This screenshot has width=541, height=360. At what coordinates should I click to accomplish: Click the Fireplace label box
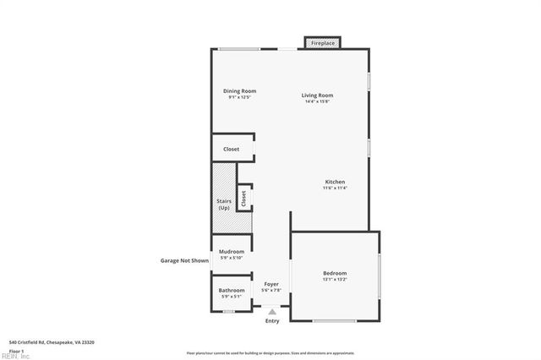324,42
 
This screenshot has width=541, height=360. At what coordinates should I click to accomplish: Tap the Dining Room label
239,91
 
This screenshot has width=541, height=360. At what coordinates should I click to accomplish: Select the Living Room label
317,95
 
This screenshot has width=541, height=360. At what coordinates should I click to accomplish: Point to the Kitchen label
335,182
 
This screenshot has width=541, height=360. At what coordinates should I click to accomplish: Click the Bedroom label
335,273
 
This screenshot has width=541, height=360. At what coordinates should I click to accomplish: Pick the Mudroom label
232,252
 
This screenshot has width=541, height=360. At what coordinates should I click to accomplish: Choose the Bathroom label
232,291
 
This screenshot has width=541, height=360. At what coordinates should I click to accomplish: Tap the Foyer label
271,284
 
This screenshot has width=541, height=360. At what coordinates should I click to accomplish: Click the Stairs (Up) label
223,204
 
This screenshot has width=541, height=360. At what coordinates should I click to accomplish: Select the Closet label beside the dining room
231,149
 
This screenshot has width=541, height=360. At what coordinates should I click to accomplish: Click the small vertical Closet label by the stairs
244,199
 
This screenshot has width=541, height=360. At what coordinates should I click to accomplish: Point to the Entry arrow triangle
272,311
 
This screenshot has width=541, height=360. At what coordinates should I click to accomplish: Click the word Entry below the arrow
272,321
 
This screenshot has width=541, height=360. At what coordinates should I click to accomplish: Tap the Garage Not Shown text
184,261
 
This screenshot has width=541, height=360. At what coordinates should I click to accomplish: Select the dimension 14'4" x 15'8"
317,101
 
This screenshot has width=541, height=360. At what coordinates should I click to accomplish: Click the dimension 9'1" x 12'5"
239,97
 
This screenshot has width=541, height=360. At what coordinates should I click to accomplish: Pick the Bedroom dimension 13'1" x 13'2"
335,279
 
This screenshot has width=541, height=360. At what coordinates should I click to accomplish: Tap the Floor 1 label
17,350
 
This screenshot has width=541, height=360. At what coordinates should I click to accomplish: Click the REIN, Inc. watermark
15,356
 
